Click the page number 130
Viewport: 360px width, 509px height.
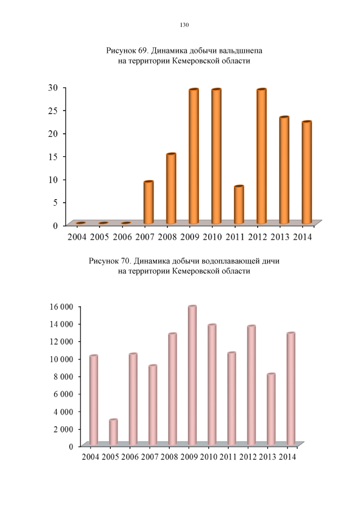click(183, 25)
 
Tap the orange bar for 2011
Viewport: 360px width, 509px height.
click(239, 205)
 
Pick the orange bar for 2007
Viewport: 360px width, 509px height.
click(148, 202)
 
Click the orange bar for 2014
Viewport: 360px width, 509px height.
click(307, 173)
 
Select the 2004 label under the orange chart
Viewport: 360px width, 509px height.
click(76, 236)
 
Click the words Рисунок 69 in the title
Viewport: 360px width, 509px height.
click(127, 51)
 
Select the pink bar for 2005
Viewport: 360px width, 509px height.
click(113, 432)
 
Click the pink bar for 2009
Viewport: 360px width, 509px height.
click(192, 375)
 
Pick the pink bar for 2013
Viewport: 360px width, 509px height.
click(271, 409)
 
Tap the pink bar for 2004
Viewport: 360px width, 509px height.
click(93, 400)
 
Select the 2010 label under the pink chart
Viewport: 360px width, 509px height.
click(209, 456)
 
